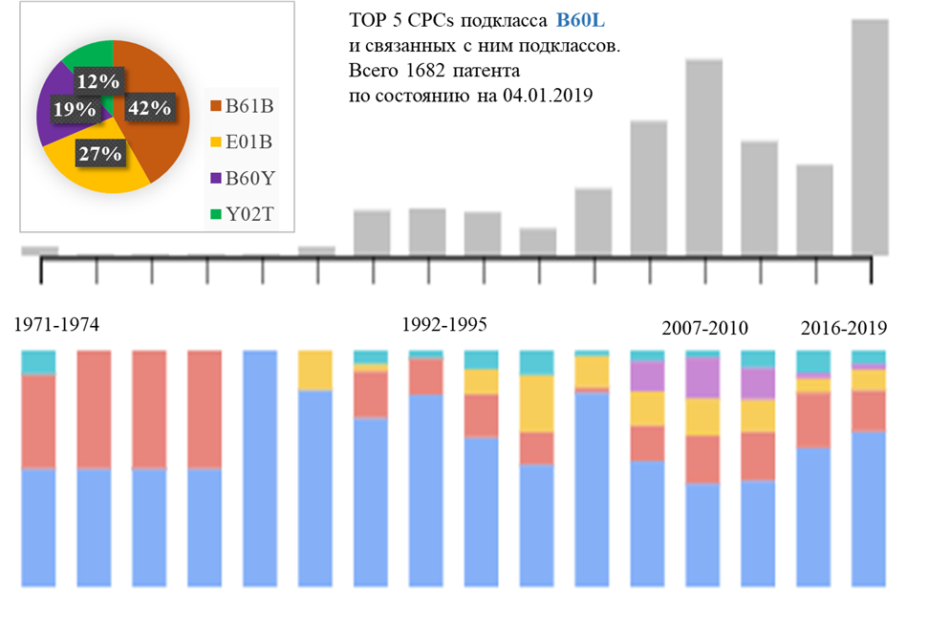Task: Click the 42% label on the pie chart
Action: tap(150, 107)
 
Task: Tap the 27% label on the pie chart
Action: tap(99, 153)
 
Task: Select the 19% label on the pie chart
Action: tap(74, 108)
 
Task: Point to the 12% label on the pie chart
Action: tap(97, 82)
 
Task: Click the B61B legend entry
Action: tap(245, 106)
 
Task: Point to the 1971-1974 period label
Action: tap(57, 325)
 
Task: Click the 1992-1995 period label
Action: tap(444, 325)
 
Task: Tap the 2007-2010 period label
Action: tap(705, 328)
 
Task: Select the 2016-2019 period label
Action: tap(844, 328)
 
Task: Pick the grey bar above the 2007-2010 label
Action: tap(703, 158)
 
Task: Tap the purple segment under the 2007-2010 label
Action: tap(703, 378)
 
